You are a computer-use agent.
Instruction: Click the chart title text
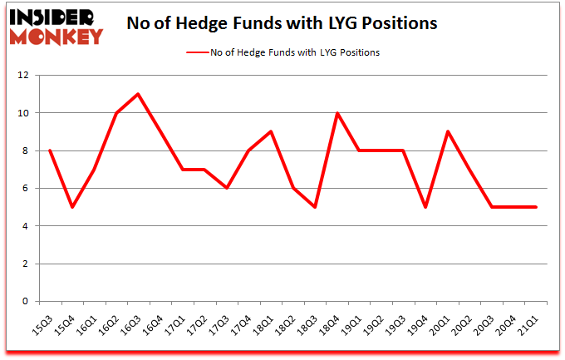tap(282, 23)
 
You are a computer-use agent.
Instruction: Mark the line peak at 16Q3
tap(138, 94)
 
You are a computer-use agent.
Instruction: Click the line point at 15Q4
tap(71, 207)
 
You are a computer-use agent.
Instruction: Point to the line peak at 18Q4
tap(337, 113)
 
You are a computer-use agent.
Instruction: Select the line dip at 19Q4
tap(425, 207)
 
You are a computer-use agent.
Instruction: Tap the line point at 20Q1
tap(448, 131)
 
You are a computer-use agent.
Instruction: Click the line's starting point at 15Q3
tap(50, 150)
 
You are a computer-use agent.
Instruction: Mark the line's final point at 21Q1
tap(536, 207)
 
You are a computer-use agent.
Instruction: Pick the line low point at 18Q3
tap(315, 207)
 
